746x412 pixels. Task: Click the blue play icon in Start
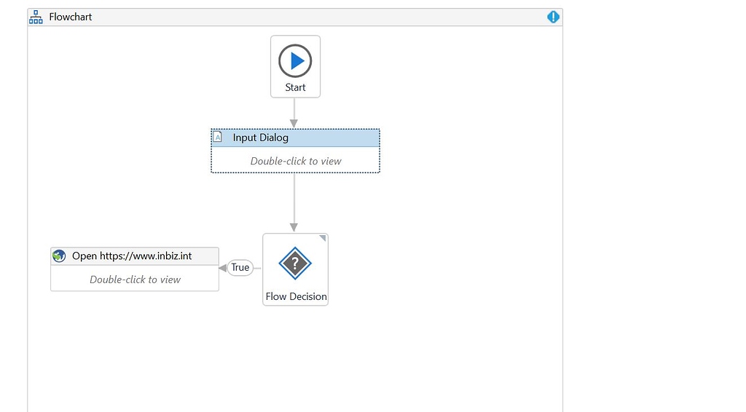click(295, 61)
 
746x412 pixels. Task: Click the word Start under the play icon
click(295, 87)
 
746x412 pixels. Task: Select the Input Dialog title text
click(260, 138)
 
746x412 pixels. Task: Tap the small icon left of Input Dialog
click(217, 137)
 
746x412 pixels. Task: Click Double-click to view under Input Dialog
click(295, 161)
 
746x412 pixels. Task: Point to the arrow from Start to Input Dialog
click(294, 113)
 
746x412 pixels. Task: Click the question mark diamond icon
click(295, 263)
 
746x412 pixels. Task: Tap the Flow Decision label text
click(296, 297)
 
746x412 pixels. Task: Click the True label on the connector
click(240, 268)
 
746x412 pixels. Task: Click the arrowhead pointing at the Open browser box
click(223, 268)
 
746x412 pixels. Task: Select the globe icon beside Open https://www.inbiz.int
click(59, 256)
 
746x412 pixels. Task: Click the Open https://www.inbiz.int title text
click(132, 256)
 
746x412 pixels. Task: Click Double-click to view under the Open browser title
click(135, 280)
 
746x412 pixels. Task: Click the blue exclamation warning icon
click(553, 17)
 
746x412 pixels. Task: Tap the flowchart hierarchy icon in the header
click(36, 17)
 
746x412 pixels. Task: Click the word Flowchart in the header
click(71, 17)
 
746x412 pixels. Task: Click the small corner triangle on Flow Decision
click(323, 238)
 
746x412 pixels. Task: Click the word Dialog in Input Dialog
click(274, 138)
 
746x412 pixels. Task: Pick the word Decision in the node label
click(308, 297)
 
